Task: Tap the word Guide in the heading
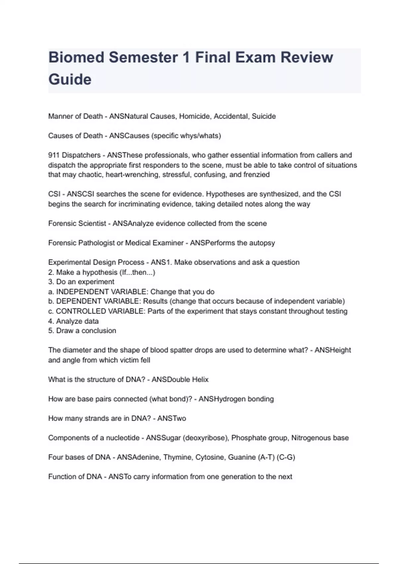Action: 70,80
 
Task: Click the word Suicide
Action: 264,116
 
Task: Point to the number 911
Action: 54,155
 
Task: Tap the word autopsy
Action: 262,243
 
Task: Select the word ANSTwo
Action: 171,418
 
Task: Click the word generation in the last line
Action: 238,477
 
